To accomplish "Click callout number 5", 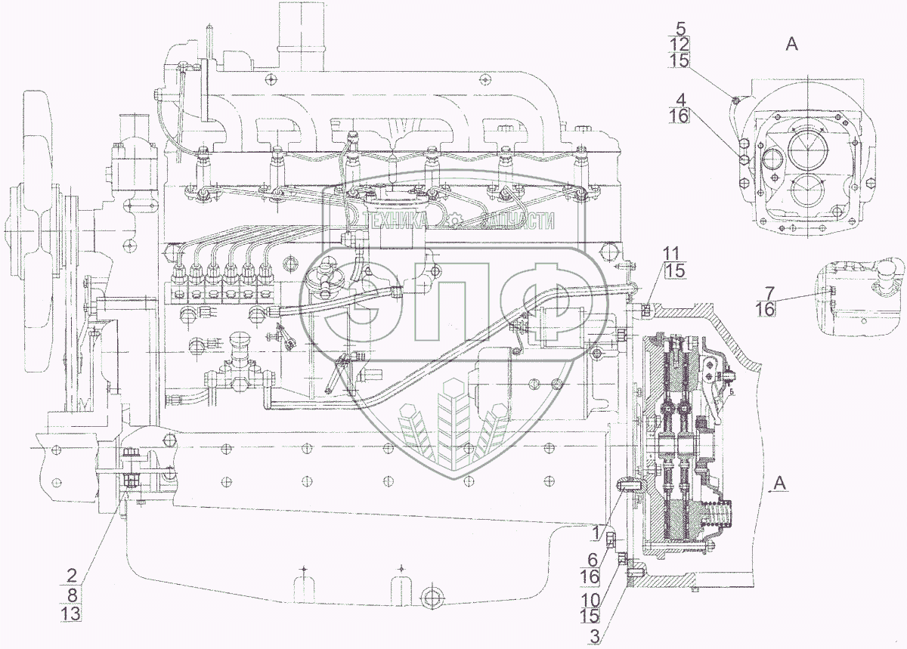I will (x=681, y=30).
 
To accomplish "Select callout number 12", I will (x=681, y=46).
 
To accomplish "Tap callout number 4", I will (x=681, y=99).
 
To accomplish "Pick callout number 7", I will (x=769, y=292).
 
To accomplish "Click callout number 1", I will (x=596, y=533).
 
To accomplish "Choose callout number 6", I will (x=593, y=561).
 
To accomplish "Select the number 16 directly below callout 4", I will (x=679, y=116).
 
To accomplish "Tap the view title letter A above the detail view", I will (x=791, y=45).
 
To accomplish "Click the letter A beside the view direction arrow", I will (x=782, y=482).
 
